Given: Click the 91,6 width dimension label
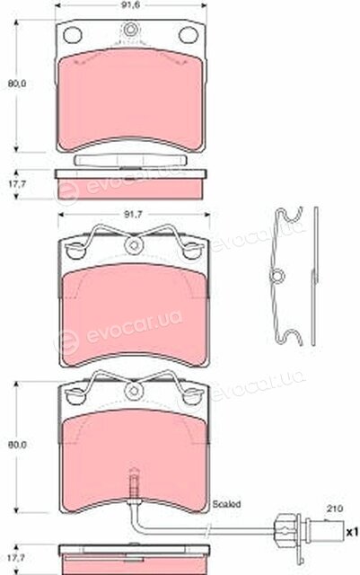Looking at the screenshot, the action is [132, 4].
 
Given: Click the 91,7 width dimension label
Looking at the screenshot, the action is [133, 216].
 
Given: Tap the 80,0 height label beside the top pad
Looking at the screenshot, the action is [17, 84].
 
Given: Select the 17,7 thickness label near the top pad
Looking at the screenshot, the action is [17, 184].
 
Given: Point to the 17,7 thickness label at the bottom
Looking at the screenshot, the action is [17, 558].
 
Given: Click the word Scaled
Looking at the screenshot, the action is [226, 504].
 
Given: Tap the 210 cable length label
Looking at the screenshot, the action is [334, 509].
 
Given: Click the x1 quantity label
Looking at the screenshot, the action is [352, 532].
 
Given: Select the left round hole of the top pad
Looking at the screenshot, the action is [72, 35].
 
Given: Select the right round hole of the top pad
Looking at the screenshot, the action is [188, 35].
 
